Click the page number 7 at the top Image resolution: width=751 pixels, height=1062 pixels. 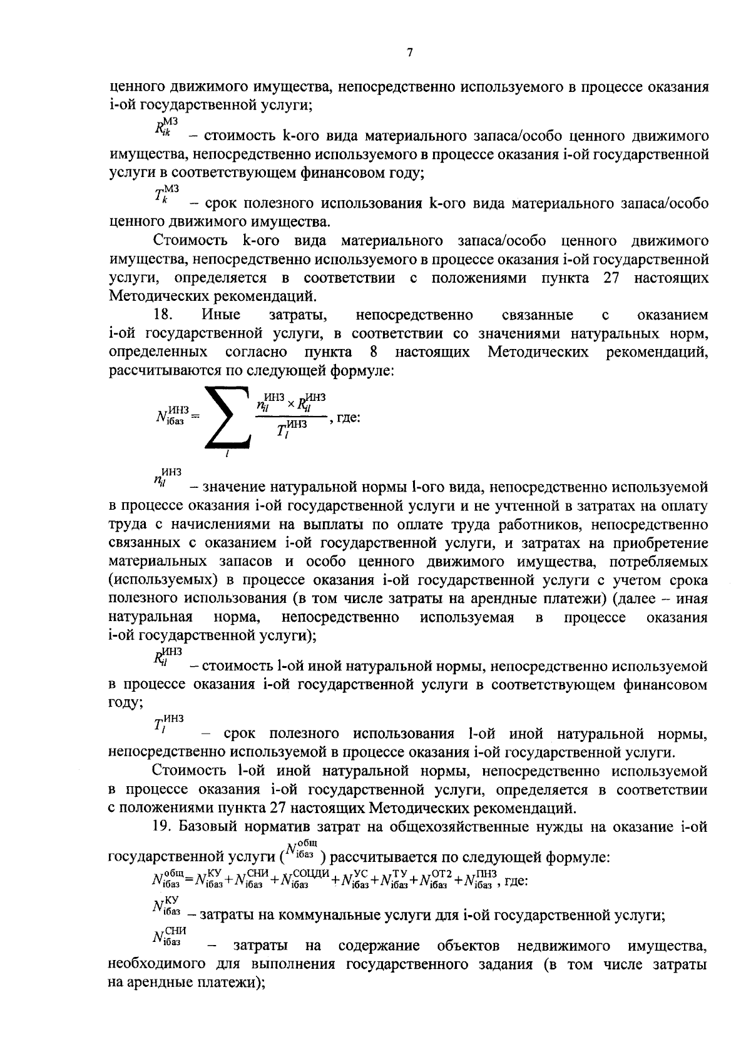[410, 54]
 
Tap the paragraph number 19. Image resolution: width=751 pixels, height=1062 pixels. [162, 827]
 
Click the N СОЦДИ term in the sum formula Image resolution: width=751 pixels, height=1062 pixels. [304, 880]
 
